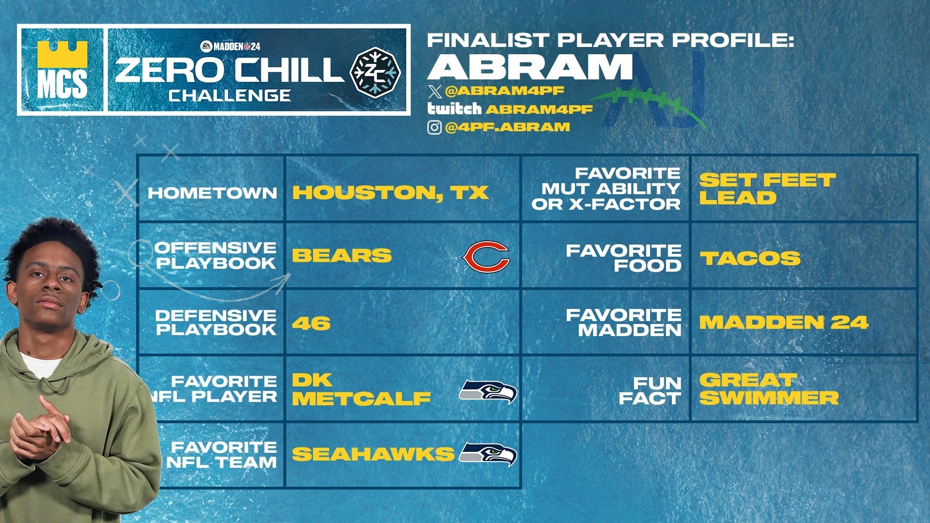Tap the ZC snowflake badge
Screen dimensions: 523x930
click(375, 73)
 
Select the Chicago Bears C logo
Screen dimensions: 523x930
click(486, 256)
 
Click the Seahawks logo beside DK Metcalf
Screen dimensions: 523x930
click(487, 392)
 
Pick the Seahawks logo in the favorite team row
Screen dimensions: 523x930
click(487, 454)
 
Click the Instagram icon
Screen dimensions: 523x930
click(434, 127)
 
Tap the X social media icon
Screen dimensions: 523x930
click(435, 92)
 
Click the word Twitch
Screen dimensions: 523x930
click(454, 108)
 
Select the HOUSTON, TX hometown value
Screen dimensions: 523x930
click(390, 193)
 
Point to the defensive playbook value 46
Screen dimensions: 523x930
click(311, 323)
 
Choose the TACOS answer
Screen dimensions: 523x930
click(750, 258)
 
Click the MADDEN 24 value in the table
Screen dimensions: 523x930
click(783, 323)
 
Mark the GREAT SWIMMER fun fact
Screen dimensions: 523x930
click(768, 389)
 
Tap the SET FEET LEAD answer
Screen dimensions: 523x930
click(767, 189)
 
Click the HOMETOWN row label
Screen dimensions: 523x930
click(212, 193)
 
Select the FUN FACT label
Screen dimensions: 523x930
click(650, 391)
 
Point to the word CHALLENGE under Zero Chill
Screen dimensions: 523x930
click(230, 95)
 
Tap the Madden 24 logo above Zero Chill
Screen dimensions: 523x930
click(230, 46)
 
